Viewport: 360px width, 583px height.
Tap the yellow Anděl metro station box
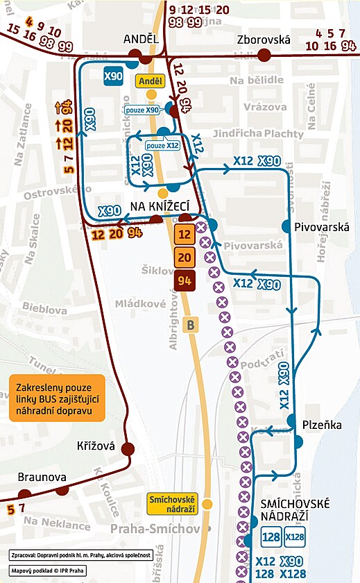(151, 81)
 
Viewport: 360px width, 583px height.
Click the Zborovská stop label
(263, 40)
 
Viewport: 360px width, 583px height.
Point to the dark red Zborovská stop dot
(264, 56)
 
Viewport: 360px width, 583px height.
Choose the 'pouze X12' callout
(163, 146)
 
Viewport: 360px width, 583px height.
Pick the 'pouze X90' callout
(145, 109)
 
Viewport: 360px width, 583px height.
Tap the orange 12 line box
(185, 235)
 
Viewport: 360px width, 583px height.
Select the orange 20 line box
(185, 257)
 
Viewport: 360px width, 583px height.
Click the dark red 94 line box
(185, 281)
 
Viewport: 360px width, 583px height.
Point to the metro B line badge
(191, 323)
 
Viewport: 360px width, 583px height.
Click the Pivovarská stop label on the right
(321, 227)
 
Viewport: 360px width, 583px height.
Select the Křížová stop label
(96, 448)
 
